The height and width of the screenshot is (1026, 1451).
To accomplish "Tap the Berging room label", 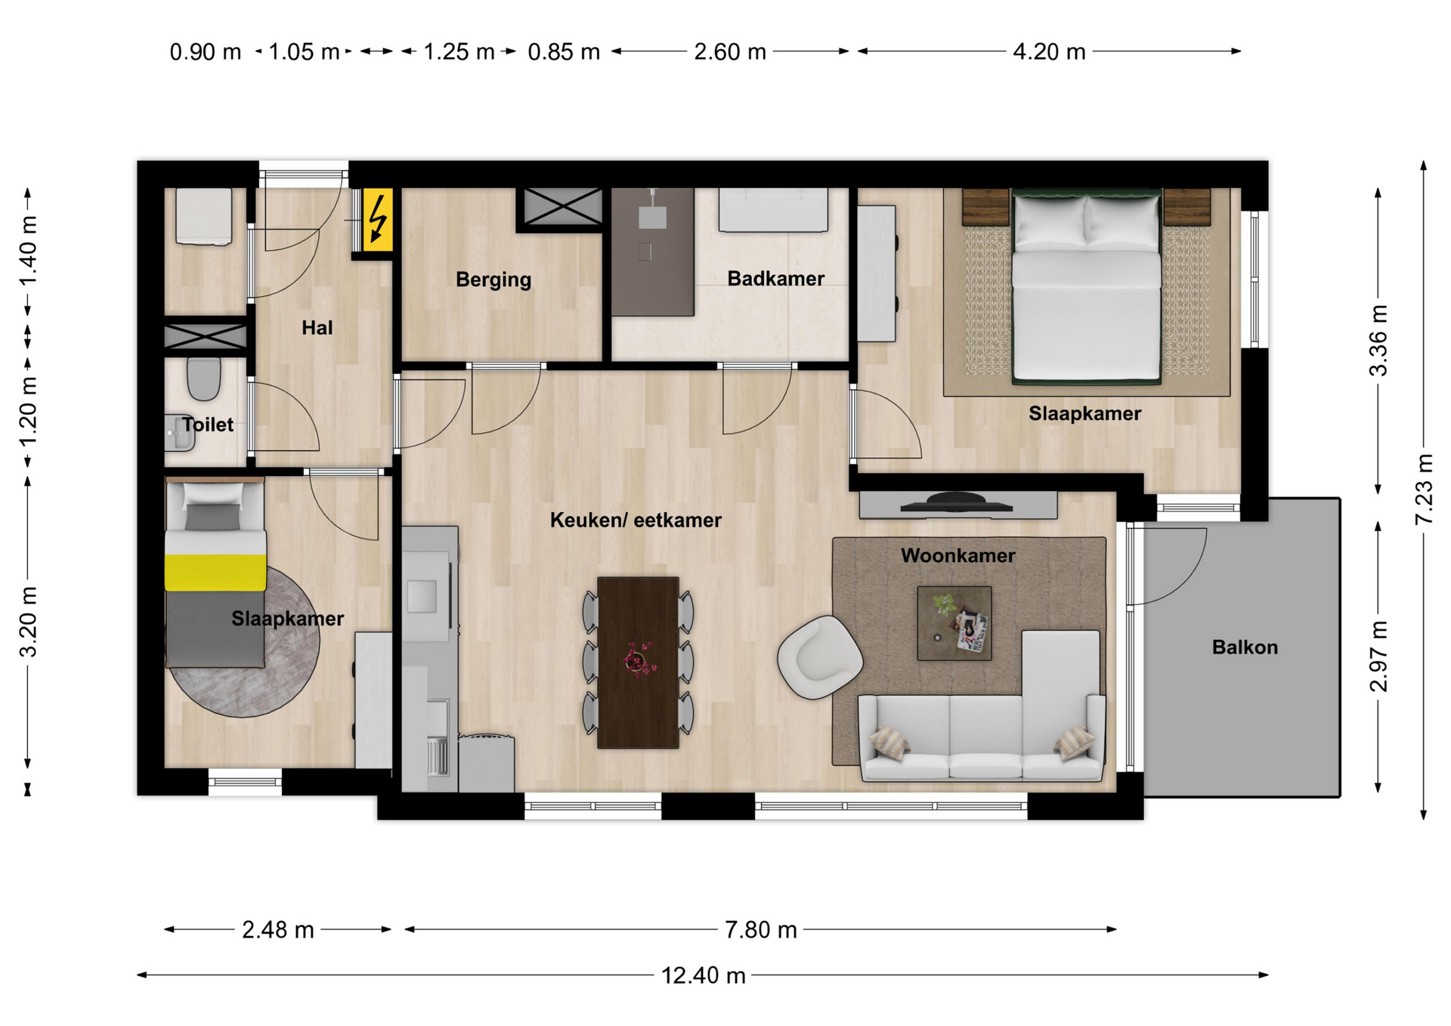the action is [493, 280].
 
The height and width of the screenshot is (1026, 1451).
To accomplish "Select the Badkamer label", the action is [775, 278].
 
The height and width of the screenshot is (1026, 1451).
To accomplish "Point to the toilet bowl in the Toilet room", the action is [203, 379].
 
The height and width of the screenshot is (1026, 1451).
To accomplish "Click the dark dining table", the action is [638, 663].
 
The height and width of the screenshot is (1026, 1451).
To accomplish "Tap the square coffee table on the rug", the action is [954, 623].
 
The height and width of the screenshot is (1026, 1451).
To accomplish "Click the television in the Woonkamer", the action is [956, 503].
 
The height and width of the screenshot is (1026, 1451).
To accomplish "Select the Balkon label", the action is [1245, 647].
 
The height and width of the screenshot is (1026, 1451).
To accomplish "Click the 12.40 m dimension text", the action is [703, 975].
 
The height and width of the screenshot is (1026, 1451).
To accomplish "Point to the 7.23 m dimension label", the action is [1423, 489].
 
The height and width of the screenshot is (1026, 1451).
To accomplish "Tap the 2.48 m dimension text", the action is [277, 929].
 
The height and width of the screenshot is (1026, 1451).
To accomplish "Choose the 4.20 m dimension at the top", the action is [1049, 51].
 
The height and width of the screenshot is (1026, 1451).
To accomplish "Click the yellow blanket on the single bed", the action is [215, 573].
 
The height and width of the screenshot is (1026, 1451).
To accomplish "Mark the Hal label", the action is [317, 327].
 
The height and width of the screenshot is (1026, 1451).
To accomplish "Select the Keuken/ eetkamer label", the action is [636, 520].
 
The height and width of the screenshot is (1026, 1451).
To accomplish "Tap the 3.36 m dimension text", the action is [1378, 340].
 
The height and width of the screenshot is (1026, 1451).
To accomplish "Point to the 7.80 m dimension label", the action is [760, 929].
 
